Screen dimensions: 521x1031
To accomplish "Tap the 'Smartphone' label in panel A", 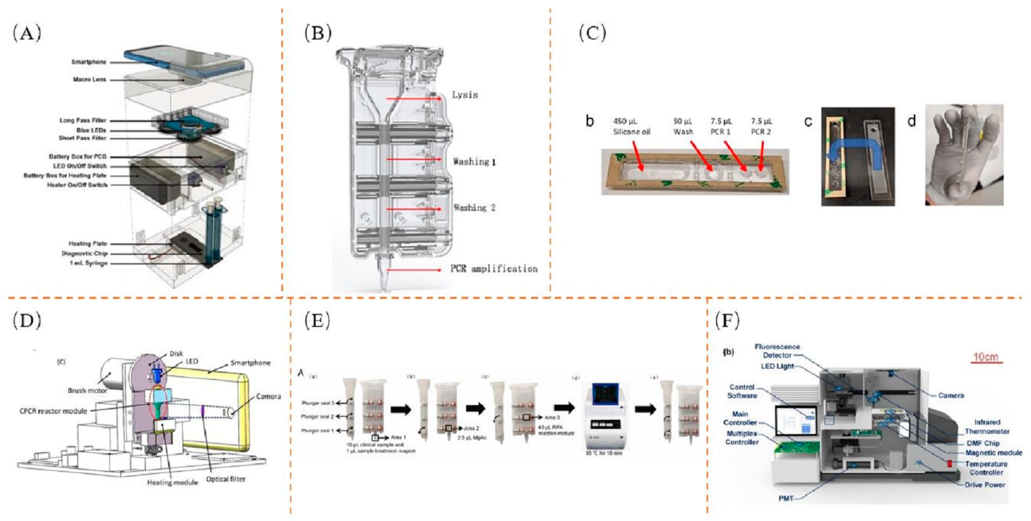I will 89,62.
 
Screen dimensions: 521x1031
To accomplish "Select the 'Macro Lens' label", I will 90,80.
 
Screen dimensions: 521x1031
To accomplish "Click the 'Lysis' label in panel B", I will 465,95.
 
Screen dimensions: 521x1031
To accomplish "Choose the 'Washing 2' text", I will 474,208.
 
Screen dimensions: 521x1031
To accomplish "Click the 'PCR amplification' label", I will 494,269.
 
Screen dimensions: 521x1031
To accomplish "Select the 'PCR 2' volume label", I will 761,126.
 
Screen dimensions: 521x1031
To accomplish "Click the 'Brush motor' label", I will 87,390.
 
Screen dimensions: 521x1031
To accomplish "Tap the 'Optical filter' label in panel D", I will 226,479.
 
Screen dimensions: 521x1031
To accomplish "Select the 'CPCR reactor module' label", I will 53,411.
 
